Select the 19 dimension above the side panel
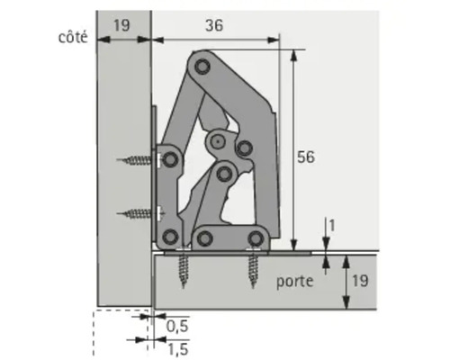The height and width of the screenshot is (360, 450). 123,25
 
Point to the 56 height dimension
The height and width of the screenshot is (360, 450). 306,157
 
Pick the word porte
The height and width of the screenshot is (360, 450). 295,281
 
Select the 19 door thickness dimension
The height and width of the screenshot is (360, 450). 358,280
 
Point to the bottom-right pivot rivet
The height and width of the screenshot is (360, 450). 256,238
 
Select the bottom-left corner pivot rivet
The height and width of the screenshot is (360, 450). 168,238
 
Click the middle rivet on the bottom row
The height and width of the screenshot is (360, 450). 204,238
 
